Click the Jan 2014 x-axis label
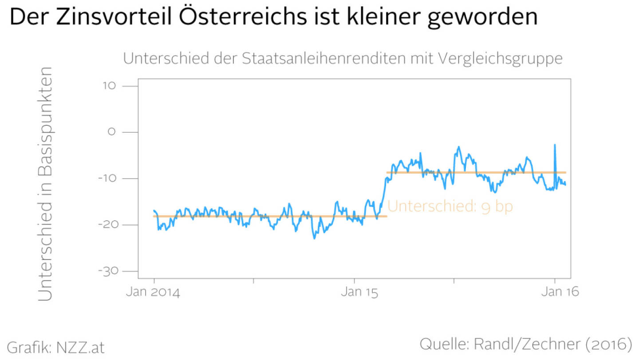[x=154, y=293]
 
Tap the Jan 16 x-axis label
[x=555, y=293]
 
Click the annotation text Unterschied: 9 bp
[x=450, y=207]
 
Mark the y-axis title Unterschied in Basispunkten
[x=45, y=184]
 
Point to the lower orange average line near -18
[x=266, y=217]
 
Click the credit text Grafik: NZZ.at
[x=56, y=348]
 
